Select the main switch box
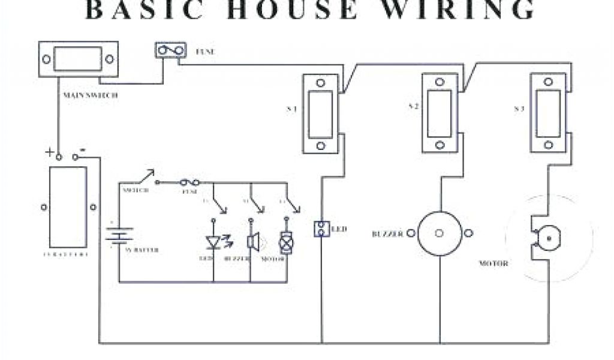[78, 59]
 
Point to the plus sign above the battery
[49, 152]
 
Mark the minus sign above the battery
[82, 150]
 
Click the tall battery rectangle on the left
[68, 207]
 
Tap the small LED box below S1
[321, 229]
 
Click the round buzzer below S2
[439, 233]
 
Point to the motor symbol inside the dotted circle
[546, 238]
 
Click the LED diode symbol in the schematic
[213, 242]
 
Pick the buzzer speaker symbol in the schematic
[252, 241]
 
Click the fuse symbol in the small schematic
[190, 181]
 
